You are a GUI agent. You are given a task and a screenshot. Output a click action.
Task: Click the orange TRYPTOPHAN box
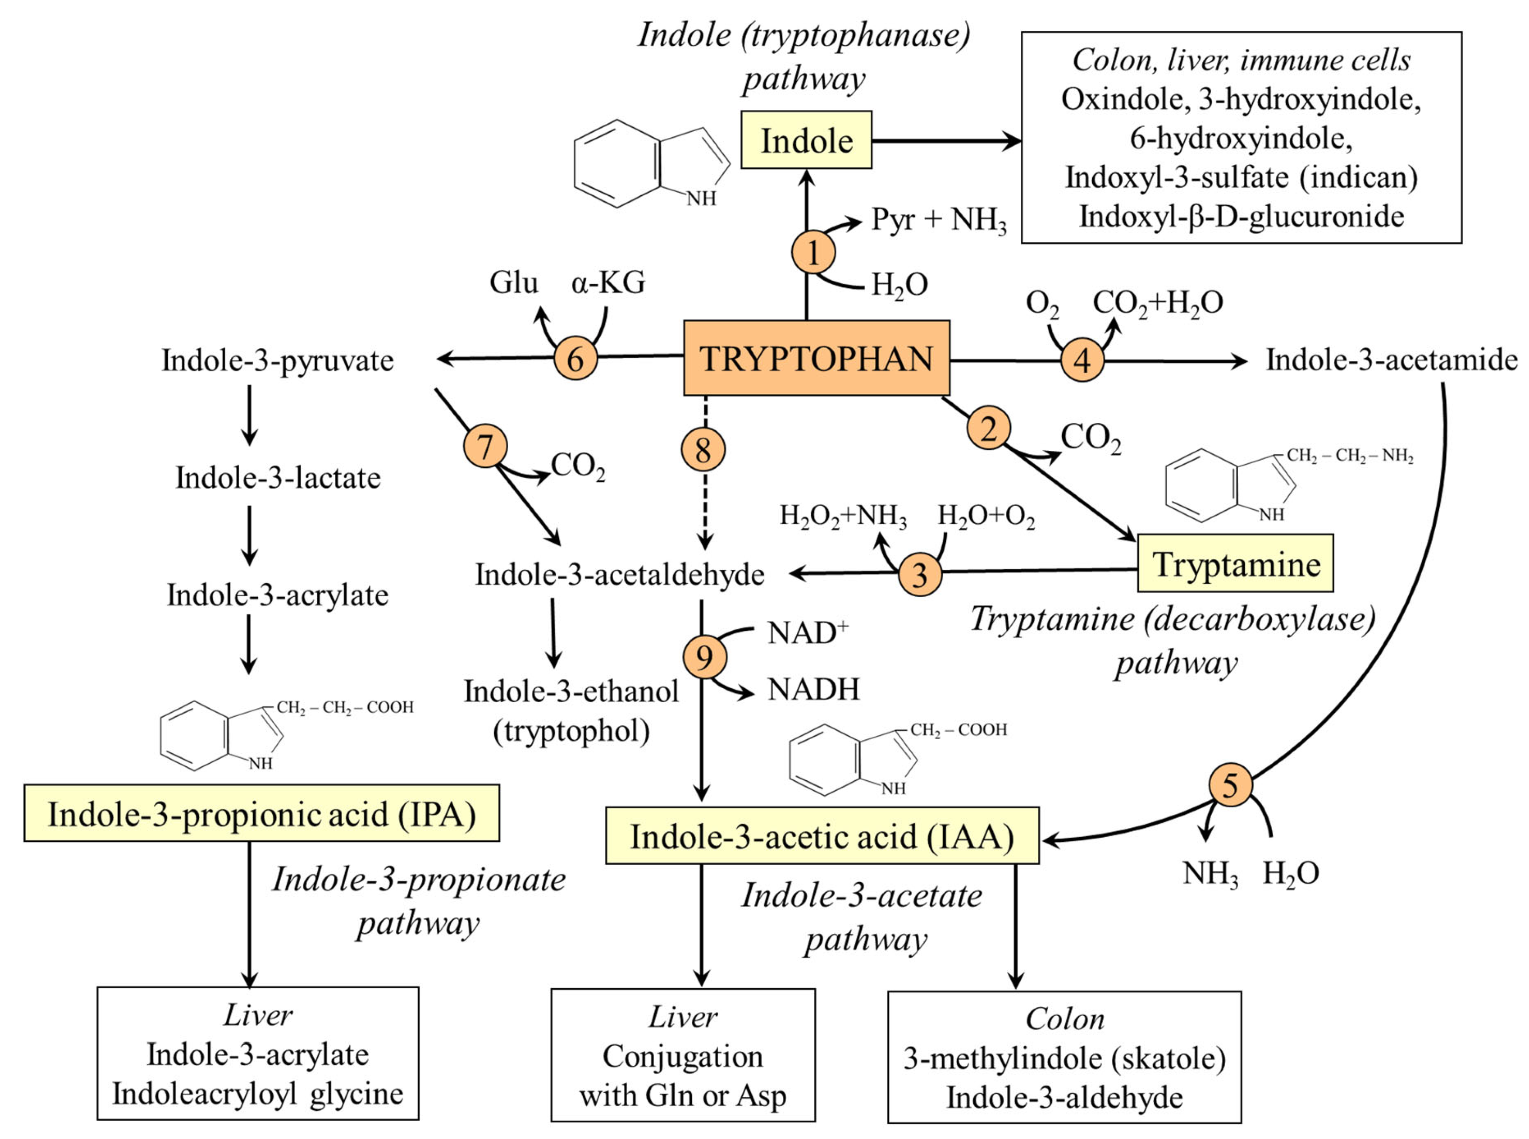(x=816, y=358)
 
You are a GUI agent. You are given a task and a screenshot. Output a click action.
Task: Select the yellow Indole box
(x=806, y=140)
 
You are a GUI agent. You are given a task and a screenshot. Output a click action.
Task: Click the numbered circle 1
(x=813, y=252)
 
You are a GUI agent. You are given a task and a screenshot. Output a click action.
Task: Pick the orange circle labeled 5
(x=1230, y=785)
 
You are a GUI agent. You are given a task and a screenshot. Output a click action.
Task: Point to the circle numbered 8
(x=703, y=450)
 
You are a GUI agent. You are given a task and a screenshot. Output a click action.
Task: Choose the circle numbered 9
(x=704, y=657)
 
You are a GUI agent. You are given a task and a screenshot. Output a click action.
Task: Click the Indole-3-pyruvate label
(x=277, y=360)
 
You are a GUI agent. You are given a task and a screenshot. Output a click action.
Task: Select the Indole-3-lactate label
(x=278, y=478)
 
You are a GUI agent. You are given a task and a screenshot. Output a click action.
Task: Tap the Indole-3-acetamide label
(x=1391, y=360)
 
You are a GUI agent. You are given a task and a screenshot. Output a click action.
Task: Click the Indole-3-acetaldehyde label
(x=619, y=575)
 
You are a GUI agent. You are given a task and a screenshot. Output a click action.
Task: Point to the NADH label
(x=813, y=690)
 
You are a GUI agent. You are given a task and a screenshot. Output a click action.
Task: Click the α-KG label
(x=608, y=283)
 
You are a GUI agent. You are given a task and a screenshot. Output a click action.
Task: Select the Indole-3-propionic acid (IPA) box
(x=261, y=813)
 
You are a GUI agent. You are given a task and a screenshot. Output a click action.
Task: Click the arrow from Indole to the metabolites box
(x=945, y=141)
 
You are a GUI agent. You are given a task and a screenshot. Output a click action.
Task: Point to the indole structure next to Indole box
(x=652, y=164)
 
